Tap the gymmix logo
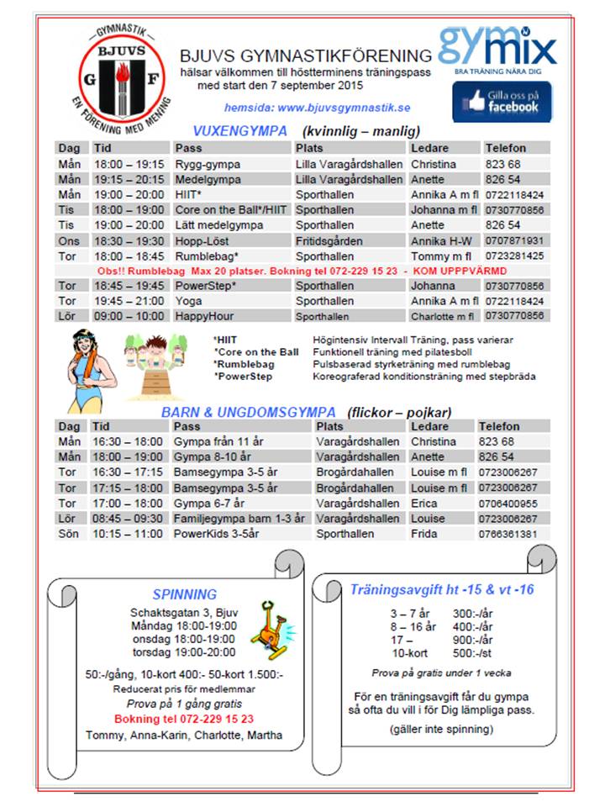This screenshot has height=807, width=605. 497,46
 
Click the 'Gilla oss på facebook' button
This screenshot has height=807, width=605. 502,102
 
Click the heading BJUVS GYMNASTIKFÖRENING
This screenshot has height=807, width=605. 306,56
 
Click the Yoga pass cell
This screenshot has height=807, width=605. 189,301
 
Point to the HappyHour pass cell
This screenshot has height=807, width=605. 204,316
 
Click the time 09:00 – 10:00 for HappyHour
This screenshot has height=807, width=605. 129,316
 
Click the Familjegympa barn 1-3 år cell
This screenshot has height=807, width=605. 239,519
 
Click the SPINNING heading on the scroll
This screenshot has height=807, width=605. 185,594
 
